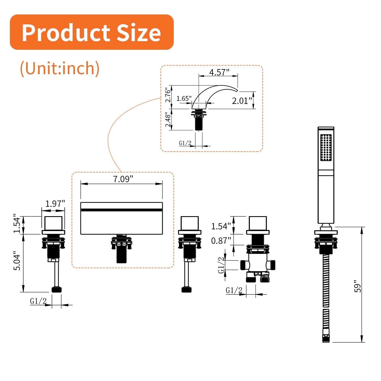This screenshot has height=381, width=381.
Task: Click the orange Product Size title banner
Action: [x=91, y=32]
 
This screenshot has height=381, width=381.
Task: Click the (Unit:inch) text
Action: [x=60, y=68]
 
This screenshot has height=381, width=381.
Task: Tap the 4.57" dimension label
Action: [x=219, y=72]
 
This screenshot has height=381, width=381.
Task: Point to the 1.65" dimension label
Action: [x=184, y=99]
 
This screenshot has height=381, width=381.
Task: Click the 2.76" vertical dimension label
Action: [x=168, y=95]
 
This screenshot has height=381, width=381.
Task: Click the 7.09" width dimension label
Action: [x=123, y=179]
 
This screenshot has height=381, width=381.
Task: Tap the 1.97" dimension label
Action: [x=55, y=203]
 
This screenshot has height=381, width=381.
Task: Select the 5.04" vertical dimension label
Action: [x=17, y=261]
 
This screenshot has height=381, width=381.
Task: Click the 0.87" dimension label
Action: [x=221, y=240]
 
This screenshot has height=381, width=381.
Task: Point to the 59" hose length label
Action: [x=358, y=287]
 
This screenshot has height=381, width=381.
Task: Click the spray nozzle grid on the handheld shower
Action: [x=326, y=148]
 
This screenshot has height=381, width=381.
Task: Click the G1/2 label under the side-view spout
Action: [x=185, y=143]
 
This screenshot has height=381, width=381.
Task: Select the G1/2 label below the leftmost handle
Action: [x=38, y=301]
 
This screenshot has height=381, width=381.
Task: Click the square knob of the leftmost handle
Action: [x=53, y=223]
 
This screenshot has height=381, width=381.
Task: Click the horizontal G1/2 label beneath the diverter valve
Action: [x=234, y=290]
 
